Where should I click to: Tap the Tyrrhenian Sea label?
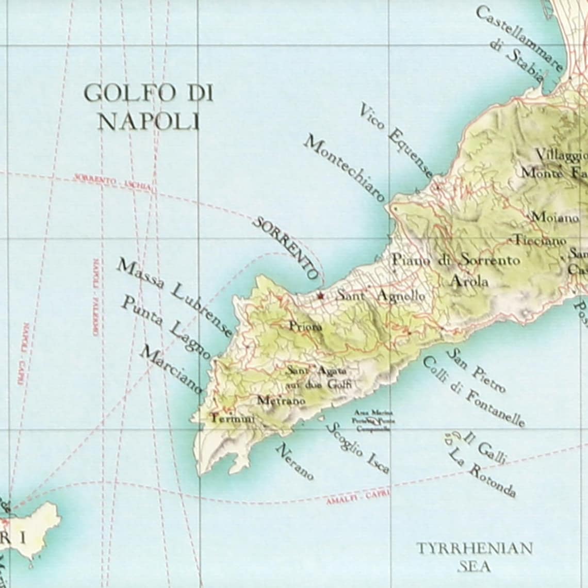[x=475, y=557]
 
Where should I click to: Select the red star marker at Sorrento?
[x=321, y=296]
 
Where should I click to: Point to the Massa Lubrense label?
[x=174, y=299]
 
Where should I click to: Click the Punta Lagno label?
[x=165, y=328]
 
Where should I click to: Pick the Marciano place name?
[x=171, y=370]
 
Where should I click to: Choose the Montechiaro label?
[x=344, y=168]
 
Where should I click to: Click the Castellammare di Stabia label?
[x=518, y=44]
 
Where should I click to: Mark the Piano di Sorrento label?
[x=456, y=260]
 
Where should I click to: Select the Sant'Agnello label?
[x=381, y=296]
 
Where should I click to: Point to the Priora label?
[x=305, y=326]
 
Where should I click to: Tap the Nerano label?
[x=295, y=462]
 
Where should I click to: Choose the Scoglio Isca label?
[x=358, y=448]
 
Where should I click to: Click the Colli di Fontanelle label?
[x=473, y=393]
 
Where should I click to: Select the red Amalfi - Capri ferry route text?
[x=358, y=497]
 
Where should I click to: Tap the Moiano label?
[x=555, y=218]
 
